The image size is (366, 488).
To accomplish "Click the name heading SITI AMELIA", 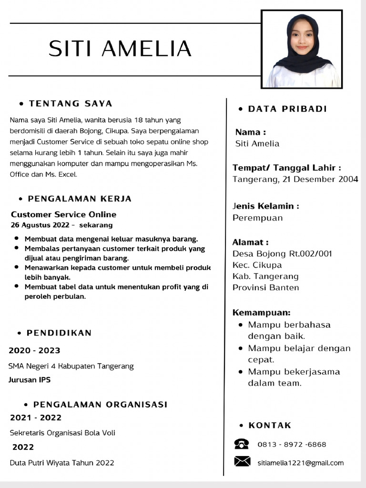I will coord(120,49).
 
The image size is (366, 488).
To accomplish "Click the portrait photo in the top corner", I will coord(302,50).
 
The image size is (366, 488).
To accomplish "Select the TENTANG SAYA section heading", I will coord(71,103).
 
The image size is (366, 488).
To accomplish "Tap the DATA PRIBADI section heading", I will coord(287,109).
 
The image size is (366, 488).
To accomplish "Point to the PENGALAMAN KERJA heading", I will coord(80,199).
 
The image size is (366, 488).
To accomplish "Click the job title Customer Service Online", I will coord(63,214).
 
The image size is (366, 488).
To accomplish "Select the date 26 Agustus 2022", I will coord(40,225).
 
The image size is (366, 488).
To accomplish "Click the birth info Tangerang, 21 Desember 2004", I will coord(295,180).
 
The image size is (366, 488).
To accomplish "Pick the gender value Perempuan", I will coord(257,218).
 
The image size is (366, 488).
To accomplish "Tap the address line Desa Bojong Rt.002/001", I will coord(282,254).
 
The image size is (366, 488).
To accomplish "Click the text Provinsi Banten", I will coord(265,287).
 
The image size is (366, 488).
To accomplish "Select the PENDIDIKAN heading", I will coord(59,333).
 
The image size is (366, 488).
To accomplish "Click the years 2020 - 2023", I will coord(34,351).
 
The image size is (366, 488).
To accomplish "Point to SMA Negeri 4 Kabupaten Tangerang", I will coord(71,366).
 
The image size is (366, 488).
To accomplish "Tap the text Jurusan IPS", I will coord(30,380).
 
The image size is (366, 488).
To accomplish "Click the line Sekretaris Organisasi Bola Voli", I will coord(62,433).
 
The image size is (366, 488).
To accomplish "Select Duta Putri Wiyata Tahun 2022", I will coord(62,463).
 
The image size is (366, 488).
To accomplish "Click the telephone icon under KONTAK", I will coord(242,444).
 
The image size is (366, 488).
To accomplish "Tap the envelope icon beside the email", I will coord(242,461).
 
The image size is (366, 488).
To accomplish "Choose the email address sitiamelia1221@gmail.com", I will coord(300,463).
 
